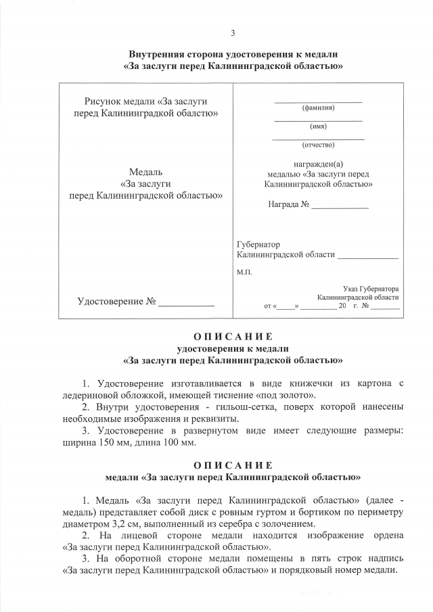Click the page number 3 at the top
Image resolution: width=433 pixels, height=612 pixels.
(233, 33)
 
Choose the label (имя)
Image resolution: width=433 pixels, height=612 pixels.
(318, 126)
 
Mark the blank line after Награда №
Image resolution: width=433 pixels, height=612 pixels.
(340, 204)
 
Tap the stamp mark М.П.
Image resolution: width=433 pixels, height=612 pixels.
(244, 272)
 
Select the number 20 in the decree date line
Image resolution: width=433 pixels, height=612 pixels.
(342, 306)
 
